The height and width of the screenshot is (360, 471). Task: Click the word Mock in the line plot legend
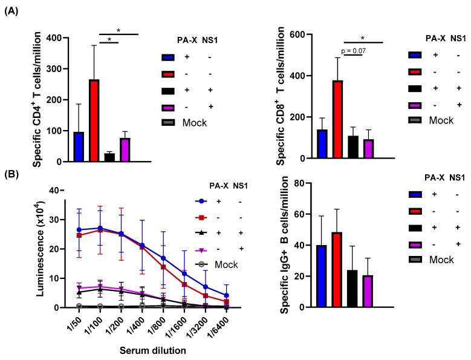(x=225, y=264)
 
